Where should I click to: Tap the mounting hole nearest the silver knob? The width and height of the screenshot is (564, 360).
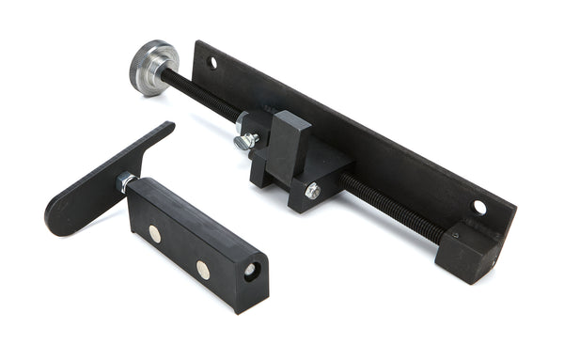coord(212,63)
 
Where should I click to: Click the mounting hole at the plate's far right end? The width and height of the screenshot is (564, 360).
coord(479,207)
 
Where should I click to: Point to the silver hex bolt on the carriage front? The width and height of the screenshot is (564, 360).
coord(312,191)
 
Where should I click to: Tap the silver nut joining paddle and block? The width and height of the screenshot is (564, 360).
coord(126,181)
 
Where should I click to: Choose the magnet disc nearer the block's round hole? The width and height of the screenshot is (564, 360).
coord(202,270)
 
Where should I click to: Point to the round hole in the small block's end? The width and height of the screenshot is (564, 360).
coord(251,270)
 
